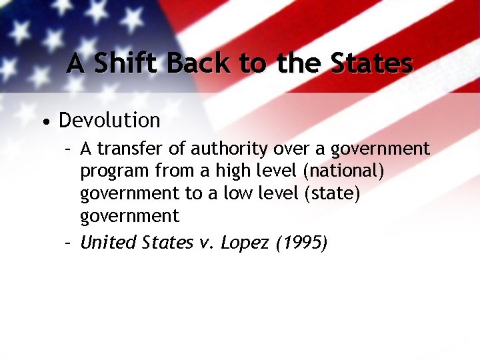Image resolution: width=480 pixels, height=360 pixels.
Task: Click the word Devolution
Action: tap(109, 121)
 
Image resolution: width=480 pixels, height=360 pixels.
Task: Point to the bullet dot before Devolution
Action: tap(45, 122)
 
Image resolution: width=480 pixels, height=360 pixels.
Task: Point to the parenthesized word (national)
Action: tap(343, 171)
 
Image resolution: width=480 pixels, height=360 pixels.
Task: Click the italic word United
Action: tap(108, 243)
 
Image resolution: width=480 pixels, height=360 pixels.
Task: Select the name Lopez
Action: tap(241, 243)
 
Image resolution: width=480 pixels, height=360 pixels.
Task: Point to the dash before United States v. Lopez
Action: tap(68, 243)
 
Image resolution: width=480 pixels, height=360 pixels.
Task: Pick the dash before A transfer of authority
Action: tap(68, 148)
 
